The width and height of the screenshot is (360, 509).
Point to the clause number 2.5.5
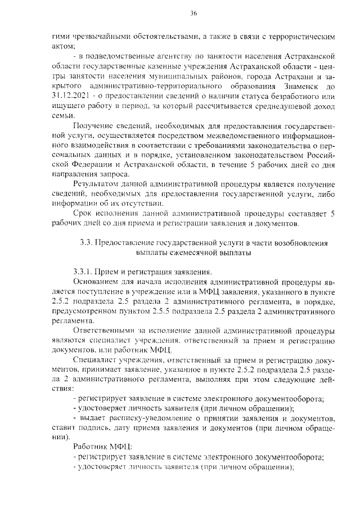pos(186,312)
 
